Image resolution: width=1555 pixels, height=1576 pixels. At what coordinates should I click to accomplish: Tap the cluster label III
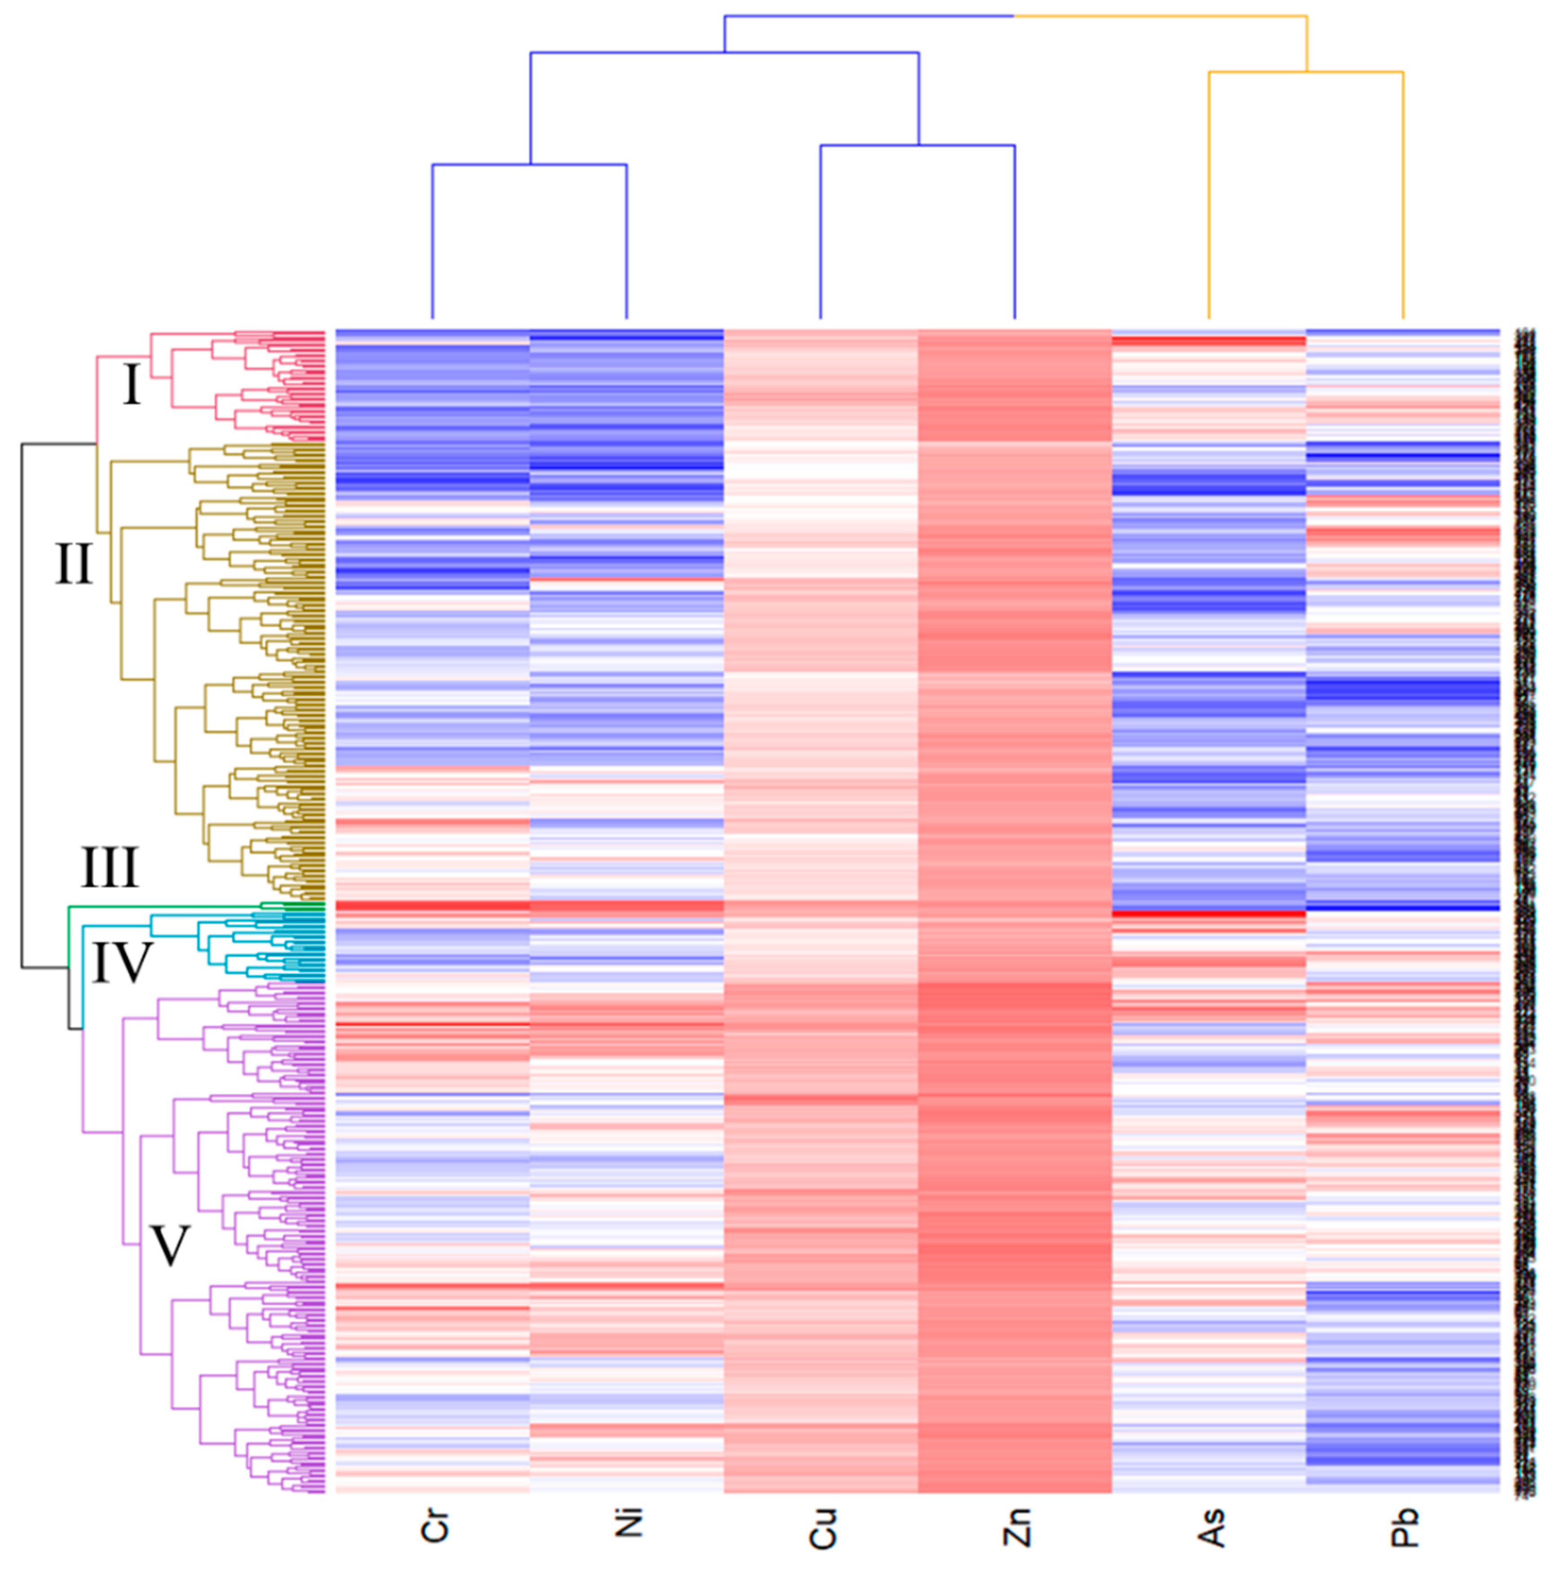click(109, 867)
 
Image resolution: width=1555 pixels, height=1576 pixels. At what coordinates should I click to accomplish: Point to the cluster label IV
click(122, 962)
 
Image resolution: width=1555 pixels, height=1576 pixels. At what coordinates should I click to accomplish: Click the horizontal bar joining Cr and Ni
click(529, 165)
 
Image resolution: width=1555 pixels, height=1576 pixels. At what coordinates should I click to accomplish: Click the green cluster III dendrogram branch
click(163, 905)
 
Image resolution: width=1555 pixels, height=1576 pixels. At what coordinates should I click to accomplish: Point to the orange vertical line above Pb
click(1402, 196)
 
